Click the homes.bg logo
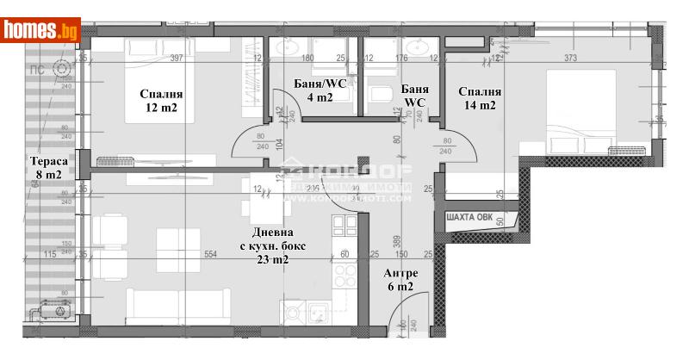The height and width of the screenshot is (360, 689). point(41,30)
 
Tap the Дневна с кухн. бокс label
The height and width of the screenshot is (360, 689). point(274,245)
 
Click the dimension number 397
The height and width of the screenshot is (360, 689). point(177,59)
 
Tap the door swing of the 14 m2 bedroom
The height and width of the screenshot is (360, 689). point(460,151)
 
